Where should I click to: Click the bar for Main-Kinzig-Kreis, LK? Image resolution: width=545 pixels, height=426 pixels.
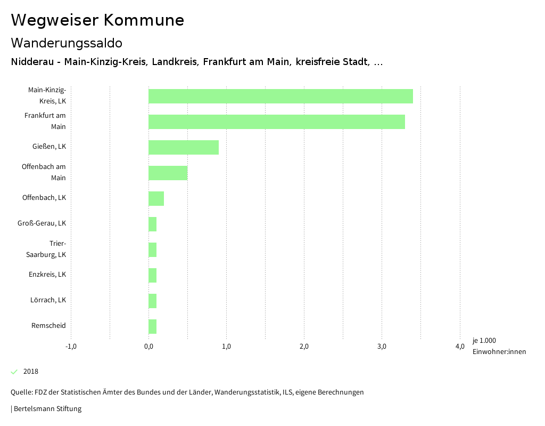click(280, 96)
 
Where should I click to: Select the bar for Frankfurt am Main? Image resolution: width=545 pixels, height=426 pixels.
click(277, 122)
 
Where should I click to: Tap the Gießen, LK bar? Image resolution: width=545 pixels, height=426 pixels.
click(184, 147)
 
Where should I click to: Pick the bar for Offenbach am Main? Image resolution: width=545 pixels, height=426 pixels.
click(168, 173)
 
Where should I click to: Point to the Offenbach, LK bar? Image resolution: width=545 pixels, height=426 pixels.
click(156, 198)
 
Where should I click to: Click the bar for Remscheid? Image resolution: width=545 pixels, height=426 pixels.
click(152, 326)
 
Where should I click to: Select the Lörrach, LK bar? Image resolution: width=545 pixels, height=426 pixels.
click(152, 301)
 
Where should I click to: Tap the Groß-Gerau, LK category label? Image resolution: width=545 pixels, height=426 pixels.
click(42, 223)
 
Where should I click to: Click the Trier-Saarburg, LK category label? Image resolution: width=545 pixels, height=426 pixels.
click(46, 249)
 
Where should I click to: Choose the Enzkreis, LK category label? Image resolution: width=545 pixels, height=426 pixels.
click(47, 275)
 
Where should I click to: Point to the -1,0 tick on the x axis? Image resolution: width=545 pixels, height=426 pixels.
click(71, 347)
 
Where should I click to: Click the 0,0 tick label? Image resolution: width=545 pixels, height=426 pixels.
click(148, 347)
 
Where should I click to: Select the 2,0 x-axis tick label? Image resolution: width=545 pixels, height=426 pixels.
click(304, 347)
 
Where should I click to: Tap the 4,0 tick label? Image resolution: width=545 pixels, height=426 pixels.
click(459, 347)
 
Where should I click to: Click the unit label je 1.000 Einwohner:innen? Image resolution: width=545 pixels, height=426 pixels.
click(499, 346)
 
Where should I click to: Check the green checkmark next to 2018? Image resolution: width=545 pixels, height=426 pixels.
click(14, 372)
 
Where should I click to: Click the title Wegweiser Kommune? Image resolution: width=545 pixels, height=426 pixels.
click(97, 20)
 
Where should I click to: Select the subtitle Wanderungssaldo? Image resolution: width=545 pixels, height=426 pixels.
click(67, 43)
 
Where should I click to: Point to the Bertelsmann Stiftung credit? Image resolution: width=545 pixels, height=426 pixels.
click(47, 409)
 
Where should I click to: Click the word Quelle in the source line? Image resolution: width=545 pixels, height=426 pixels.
click(21, 392)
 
